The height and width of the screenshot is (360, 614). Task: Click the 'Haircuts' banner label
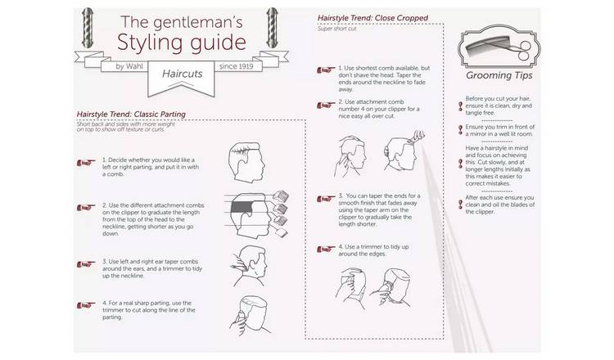click(x=182, y=74)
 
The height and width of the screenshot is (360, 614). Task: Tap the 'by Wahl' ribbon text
click(x=129, y=66)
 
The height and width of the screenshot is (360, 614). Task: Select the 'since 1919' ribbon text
click(x=236, y=66)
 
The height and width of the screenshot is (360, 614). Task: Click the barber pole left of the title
click(x=88, y=28)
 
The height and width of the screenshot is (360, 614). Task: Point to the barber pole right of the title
click(x=272, y=28)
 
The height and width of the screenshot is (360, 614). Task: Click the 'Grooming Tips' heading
click(x=499, y=75)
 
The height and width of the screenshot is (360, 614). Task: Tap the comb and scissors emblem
click(x=499, y=47)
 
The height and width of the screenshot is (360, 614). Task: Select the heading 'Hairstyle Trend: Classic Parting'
click(x=131, y=115)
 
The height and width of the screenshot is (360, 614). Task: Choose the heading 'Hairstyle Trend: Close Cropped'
click(x=372, y=18)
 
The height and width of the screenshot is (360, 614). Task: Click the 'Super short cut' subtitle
click(x=336, y=29)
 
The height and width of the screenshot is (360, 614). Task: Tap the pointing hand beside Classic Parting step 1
click(x=86, y=162)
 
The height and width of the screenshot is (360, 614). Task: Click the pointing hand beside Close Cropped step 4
click(x=326, y=249)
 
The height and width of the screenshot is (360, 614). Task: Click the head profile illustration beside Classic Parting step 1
click(x=246, y=162)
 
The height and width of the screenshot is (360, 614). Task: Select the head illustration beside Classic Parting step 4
click(x=250, y=316)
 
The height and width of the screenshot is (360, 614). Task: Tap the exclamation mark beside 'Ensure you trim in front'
click(x=460, y=130)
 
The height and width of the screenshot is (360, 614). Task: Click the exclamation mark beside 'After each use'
click(x=460, y=205)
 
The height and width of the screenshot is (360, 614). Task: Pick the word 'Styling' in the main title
click(x=148, y=43)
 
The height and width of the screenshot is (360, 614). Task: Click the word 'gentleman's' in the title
click(x=198, y=23)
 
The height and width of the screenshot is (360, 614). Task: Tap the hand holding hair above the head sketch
click(x=416, y=137)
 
